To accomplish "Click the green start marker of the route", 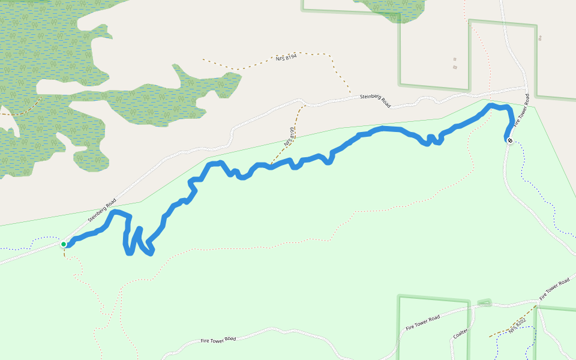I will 64,244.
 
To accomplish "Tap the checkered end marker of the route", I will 509,140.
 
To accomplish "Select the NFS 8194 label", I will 286,56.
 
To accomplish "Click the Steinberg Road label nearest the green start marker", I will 101,211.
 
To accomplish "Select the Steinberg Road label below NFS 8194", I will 375,100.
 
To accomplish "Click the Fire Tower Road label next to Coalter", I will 422,322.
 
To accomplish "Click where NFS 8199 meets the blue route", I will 271,165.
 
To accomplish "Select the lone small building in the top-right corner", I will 540,38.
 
